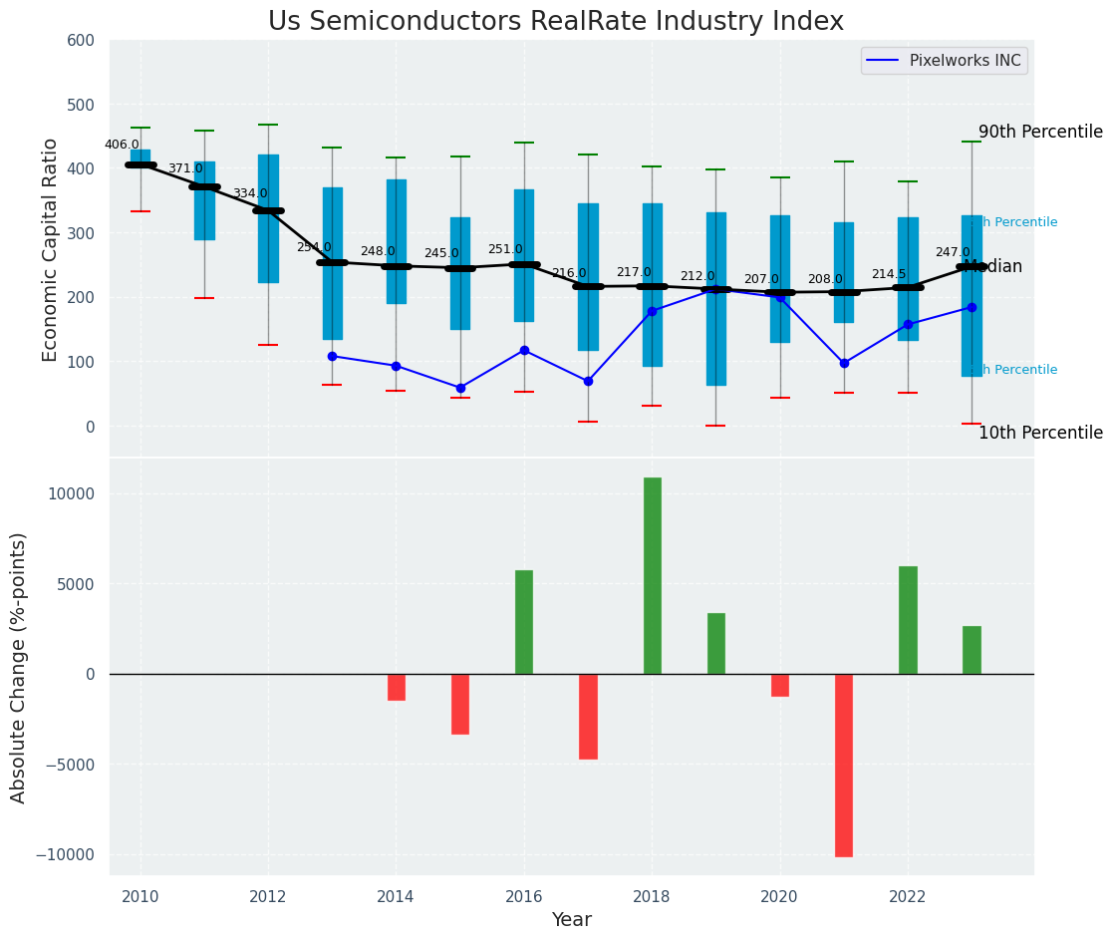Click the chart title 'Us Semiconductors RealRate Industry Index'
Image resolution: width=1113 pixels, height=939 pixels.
coord(555,22)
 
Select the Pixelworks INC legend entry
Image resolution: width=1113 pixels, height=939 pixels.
coord(944,61)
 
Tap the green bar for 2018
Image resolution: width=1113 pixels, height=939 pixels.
coord(653,575)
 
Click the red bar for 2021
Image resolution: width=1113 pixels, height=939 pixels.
coord(844,765)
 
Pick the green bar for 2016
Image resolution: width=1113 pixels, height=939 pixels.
coord(524,622)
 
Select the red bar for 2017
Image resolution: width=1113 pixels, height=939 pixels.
coord(588,716)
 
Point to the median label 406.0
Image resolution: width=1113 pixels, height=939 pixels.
coord(122,145)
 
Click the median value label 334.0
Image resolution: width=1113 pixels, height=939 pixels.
coord(250,193)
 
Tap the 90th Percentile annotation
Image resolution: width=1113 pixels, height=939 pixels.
coord(1039,133)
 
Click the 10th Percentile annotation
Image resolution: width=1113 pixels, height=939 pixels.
coord(1039,434)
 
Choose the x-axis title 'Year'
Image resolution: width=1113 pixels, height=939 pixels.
coord(571,920)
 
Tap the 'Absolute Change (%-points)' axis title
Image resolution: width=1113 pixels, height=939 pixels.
coord(19,667)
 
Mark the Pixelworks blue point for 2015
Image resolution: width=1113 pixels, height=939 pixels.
coord(460,388)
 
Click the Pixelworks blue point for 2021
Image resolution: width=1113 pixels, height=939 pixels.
coord(844,363)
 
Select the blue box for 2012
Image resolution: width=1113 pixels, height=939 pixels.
coord(268,218)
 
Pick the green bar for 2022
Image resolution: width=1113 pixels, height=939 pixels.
coord(908,620)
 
